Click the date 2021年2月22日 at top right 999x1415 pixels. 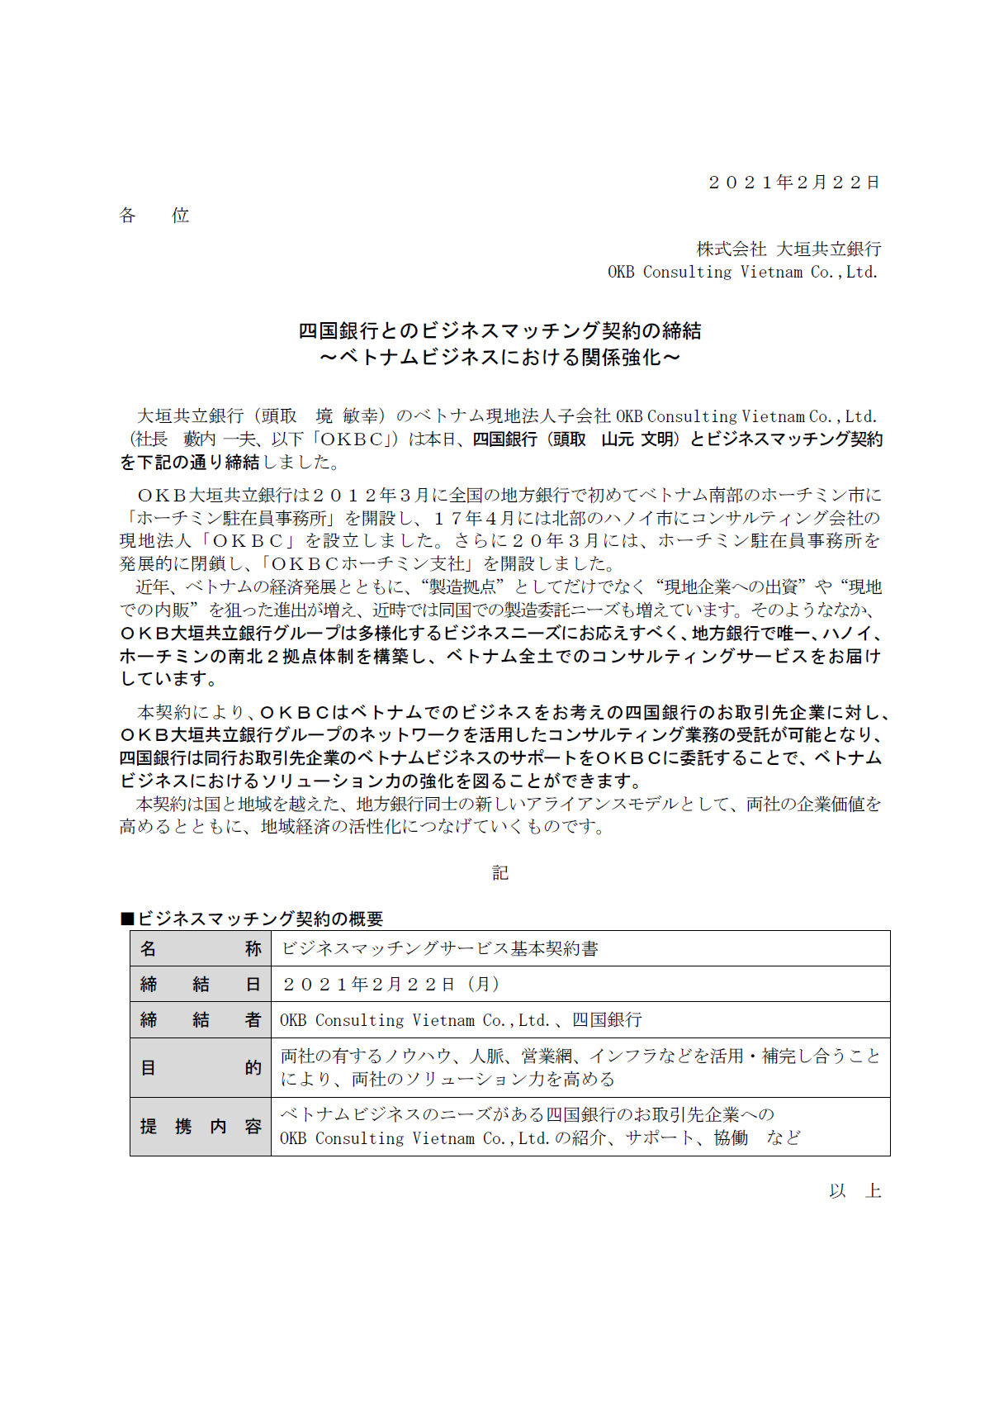(x=793, y=183)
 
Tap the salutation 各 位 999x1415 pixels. (x=154, y=216)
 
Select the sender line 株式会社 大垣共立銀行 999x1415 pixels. (x=788, y=249)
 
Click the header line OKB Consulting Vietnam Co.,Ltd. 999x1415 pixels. (x=742, y=272)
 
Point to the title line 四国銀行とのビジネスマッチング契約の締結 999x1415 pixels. (x=500, y=331)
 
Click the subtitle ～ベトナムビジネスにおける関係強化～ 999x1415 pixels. (x=500, y=358)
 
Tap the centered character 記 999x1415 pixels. (x=500, y=873)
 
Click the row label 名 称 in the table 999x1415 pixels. (x=201, y=948)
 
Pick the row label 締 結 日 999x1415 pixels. (x=201, y=984)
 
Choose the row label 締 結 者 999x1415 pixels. (x=201, y=1020)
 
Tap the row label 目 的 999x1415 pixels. (x=201, y=1067)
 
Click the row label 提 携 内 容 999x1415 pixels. (x=201, y=1126)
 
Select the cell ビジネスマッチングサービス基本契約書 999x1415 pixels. (x=439, y=948)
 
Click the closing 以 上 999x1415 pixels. (x=855, y=1191)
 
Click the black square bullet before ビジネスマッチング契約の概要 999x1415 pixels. (x=127, y=919)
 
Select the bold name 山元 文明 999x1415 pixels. (x=637, y=439)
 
